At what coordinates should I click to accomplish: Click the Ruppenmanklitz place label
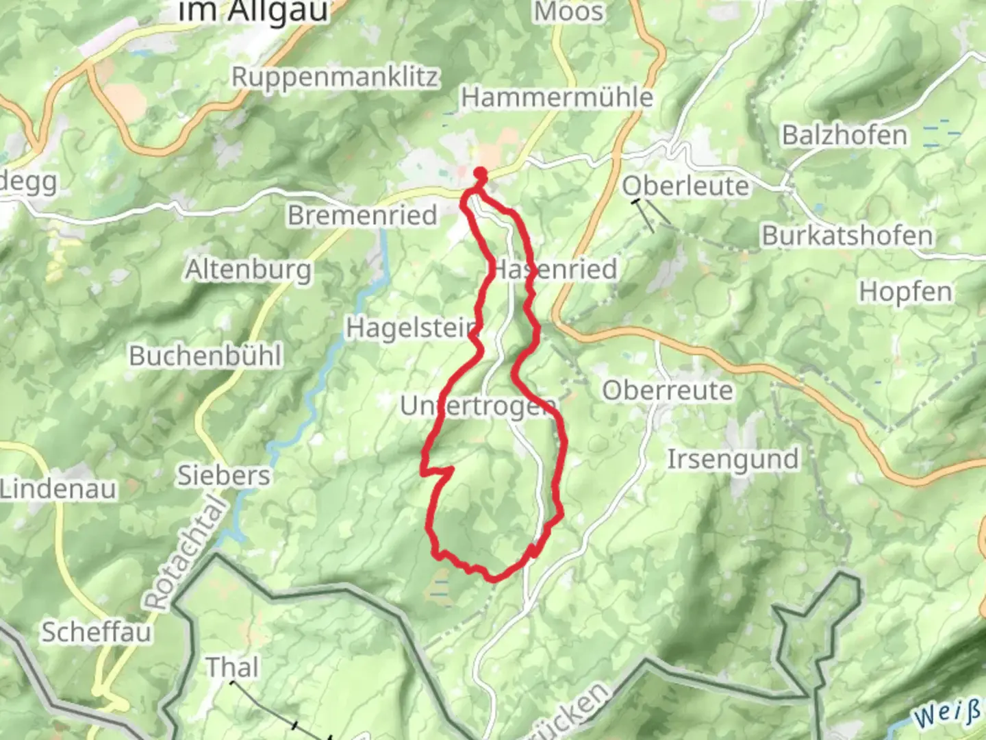[335, 77]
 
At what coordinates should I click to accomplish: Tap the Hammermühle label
[557, 97]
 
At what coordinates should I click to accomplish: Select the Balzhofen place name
[844, 135]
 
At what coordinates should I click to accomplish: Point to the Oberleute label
[685, 186]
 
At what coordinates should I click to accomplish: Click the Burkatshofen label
[847, 236]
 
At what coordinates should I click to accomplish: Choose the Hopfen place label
[905, 292]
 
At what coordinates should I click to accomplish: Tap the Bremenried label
[362, 215]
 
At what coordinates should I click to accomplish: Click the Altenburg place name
[248, 269]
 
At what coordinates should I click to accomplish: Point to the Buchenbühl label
[205, 356]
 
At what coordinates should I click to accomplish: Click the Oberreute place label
[668, 391]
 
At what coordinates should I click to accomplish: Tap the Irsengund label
[733, 459]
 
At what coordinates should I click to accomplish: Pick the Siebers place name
[224, 475]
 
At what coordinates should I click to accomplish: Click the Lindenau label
[59, 489]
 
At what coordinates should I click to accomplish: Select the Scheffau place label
[96, 632]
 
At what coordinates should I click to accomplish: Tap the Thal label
[233, 667]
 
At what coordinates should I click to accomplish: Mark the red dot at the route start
[481, 173]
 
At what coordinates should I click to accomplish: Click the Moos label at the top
[568, 11]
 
